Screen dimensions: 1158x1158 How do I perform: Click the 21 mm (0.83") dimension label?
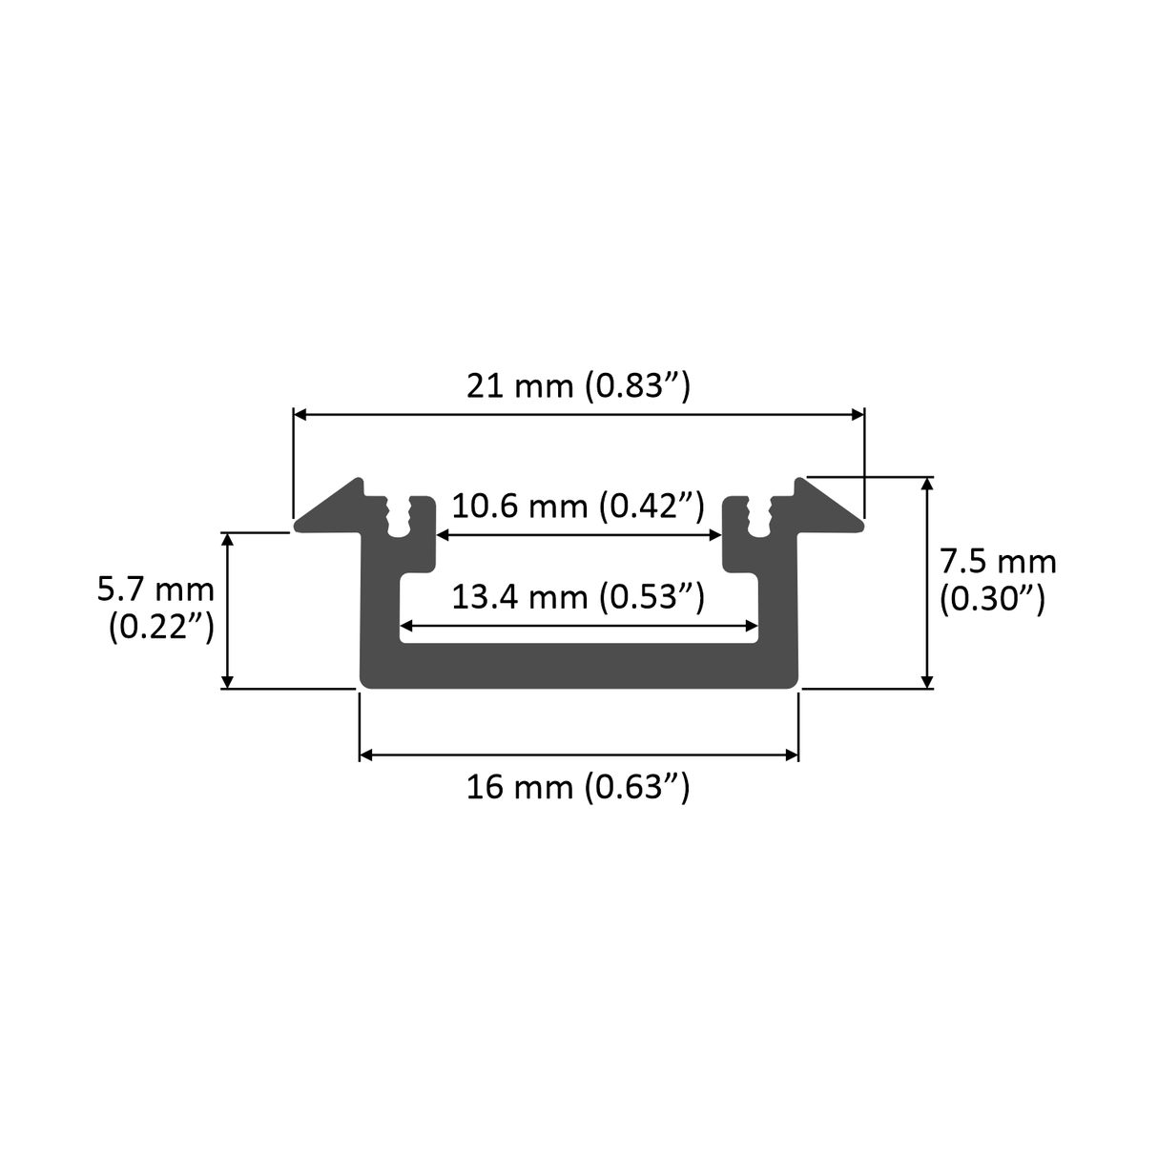[577, 386]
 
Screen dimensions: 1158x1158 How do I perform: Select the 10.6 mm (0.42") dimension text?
[577, 505]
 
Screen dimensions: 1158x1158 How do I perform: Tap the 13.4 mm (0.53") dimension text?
[577, 597]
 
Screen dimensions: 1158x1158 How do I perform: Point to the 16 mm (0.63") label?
[577, 788]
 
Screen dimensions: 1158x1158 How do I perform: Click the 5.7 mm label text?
[155, 589]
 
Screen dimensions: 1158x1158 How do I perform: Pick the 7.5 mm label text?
[998, 561]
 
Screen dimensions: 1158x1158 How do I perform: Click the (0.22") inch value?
[160, 627]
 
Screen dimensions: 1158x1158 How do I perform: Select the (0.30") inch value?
[992, 599]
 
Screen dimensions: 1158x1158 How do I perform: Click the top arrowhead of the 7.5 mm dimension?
[926, 484]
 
